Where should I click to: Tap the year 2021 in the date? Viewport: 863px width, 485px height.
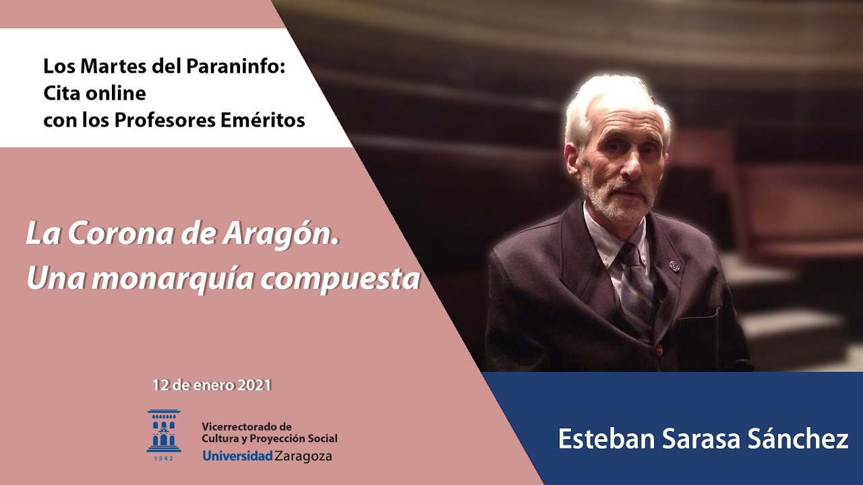pyautogui.click(x=254, y=386)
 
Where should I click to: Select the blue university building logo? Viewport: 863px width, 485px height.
pyautogui.click(x=164, y=431)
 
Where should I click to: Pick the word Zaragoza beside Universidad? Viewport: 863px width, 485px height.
pyautogui.click(x=303, y=456)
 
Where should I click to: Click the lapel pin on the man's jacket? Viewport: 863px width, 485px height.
pyautogui.click(x=675, y=265)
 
